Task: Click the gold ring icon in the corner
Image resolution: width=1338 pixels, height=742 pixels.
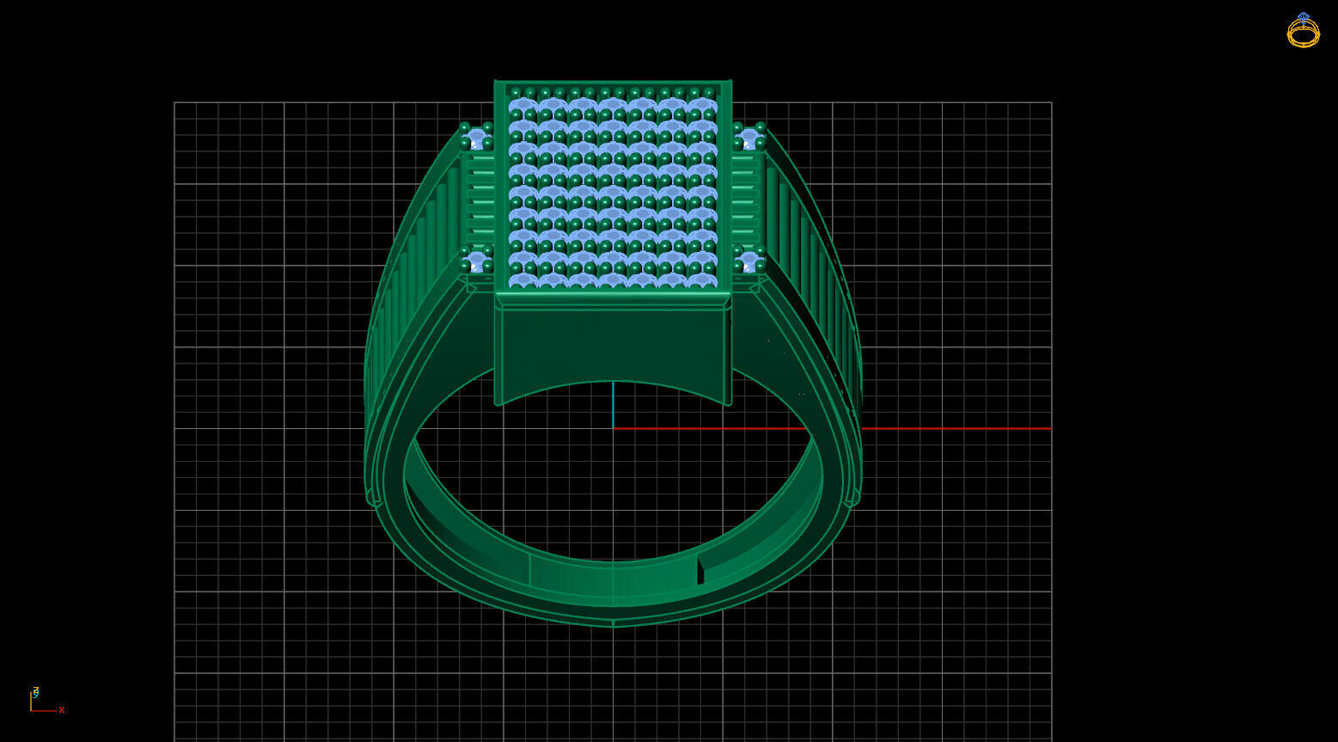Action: point(1303,31)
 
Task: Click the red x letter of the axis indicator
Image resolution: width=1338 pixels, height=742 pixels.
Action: point(62,710)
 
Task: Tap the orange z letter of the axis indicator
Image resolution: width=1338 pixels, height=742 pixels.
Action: point(35,690)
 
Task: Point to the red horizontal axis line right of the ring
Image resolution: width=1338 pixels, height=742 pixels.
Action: point(954,428)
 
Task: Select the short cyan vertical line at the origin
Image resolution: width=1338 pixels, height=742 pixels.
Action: point(613,404)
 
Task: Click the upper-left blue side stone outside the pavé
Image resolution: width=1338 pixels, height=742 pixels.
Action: point(476,138)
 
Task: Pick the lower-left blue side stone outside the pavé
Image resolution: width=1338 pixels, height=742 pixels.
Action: point(476,260)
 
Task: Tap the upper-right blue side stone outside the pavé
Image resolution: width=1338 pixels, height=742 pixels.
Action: point(748,138)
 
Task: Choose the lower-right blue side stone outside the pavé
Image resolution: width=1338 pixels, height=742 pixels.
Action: point(748,260)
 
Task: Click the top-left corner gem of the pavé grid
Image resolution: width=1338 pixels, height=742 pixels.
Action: point(523,107)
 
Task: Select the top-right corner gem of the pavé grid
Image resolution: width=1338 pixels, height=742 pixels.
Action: point(702,107)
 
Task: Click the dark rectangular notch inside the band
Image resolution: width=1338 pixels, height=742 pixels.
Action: point(700,570)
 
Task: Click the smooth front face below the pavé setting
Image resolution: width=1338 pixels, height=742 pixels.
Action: point(613,344)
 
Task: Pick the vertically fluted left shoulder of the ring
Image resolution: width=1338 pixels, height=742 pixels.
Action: point(412,284)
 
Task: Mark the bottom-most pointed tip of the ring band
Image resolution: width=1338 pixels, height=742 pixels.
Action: point(614,624)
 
